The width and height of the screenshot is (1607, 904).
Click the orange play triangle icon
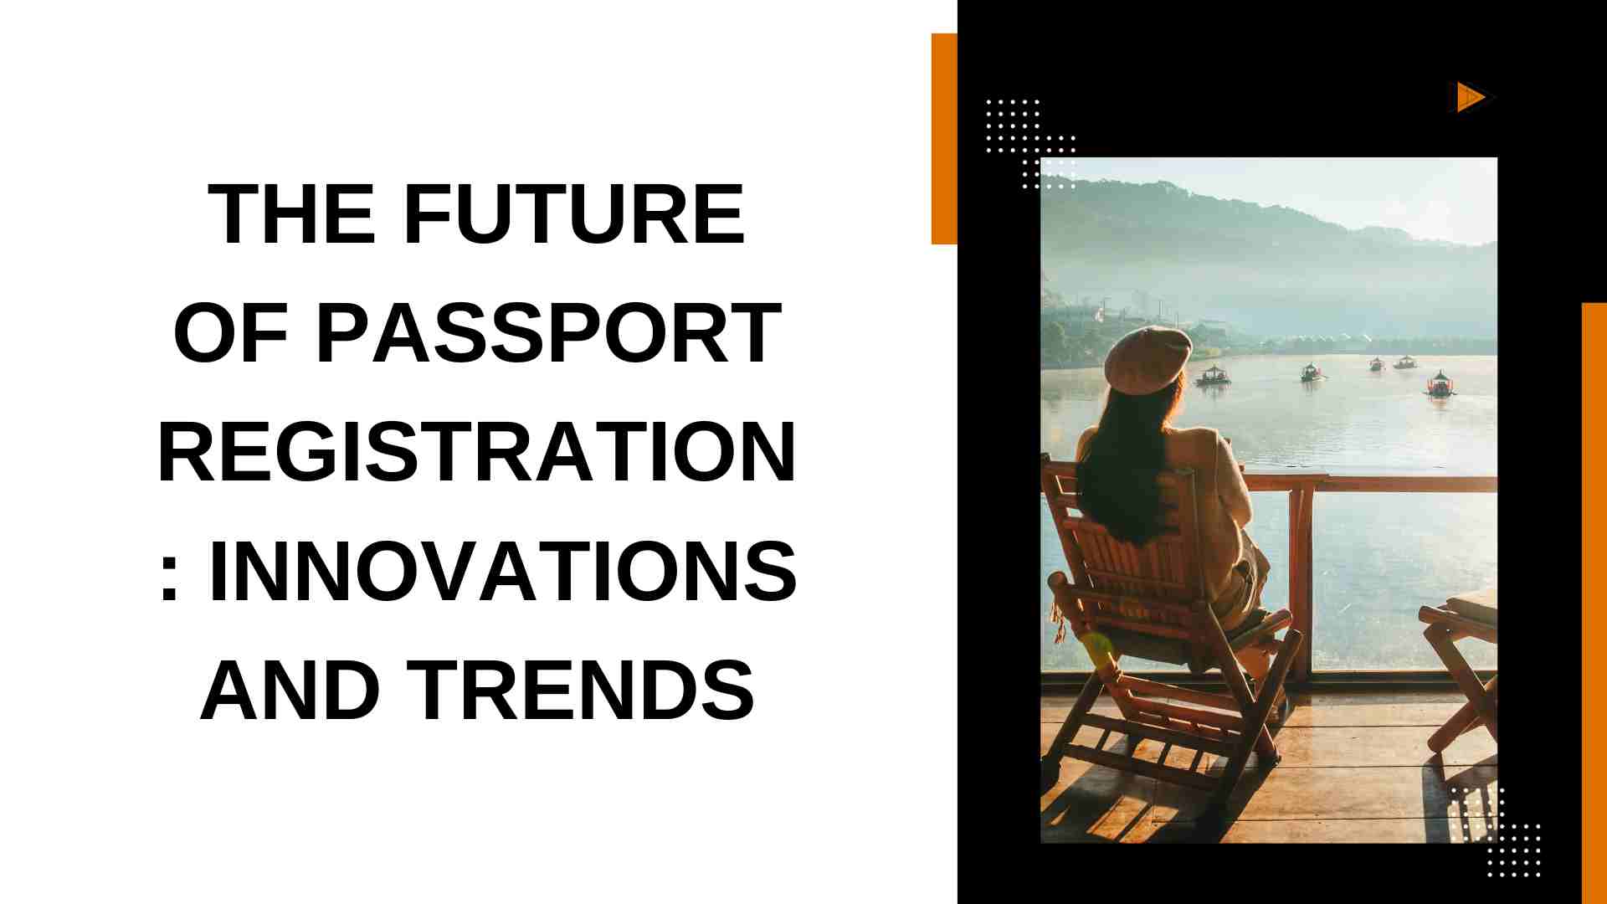click(1470, 97)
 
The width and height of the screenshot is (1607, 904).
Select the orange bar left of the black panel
click(944, 139)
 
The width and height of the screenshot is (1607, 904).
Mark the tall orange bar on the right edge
click(1594, 603)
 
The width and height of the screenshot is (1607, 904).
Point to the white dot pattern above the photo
click(1030, 143)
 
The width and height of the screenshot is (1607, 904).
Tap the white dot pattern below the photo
click(1495, 832)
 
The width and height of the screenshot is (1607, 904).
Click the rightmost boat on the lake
click(1440, 384)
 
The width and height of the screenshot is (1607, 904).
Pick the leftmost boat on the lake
click(1213, 375)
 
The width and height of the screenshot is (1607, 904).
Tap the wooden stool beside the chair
click(1461, 670)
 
